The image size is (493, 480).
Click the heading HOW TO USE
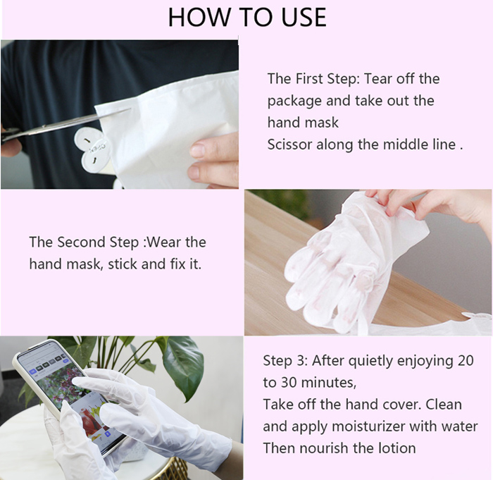[x=247, y=17]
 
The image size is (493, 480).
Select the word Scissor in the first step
[x=289, y=144]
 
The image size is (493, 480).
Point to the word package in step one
[x=294, y=101]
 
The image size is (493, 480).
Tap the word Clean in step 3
[x=444, y=405]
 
